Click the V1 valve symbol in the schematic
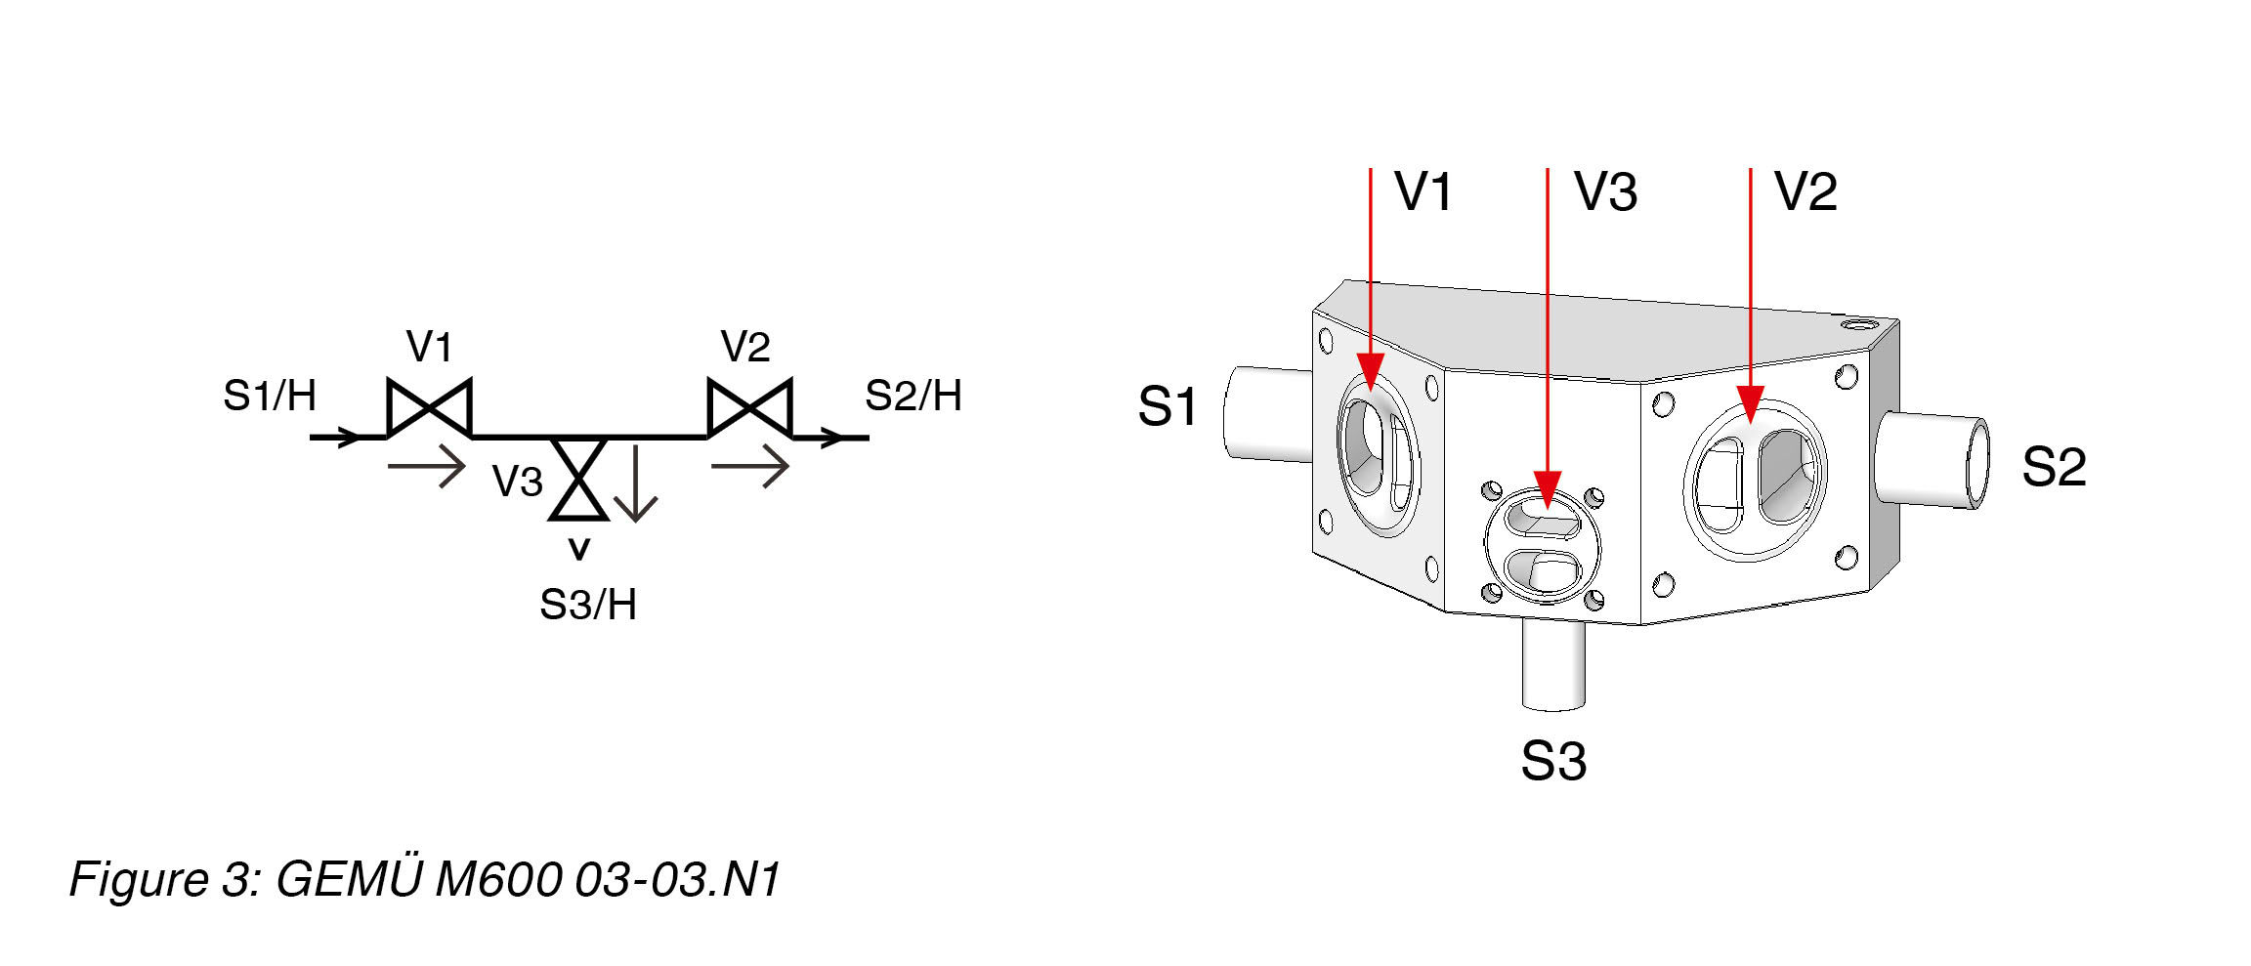click(430, 406)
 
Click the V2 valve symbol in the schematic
click(749, 406)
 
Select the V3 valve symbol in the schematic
click(578, 479)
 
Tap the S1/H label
click(270, 396)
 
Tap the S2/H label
click(913, 396)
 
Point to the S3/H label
click(588, 605)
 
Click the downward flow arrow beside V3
click(635, 484)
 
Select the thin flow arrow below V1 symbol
click(427, 466)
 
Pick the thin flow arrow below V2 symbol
click(749, 466)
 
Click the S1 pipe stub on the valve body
click(1267, 413)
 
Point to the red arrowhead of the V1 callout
click(1371, 372)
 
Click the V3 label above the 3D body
click(1605, 191)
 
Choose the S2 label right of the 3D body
click(2054, 467)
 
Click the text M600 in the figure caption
click(497, 878)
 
